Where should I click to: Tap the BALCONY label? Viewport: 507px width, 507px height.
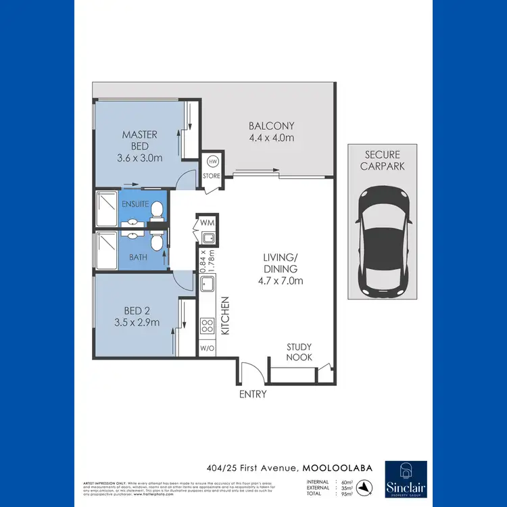coord(271,126)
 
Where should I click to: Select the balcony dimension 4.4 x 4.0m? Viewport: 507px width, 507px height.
coord(271,138)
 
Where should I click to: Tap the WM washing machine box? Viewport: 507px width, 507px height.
coord(206,222)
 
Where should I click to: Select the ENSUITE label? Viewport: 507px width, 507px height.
coord(135,203)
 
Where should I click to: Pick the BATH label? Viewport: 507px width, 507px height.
coord(138,258)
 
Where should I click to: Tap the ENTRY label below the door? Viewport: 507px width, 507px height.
coord(252,394)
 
